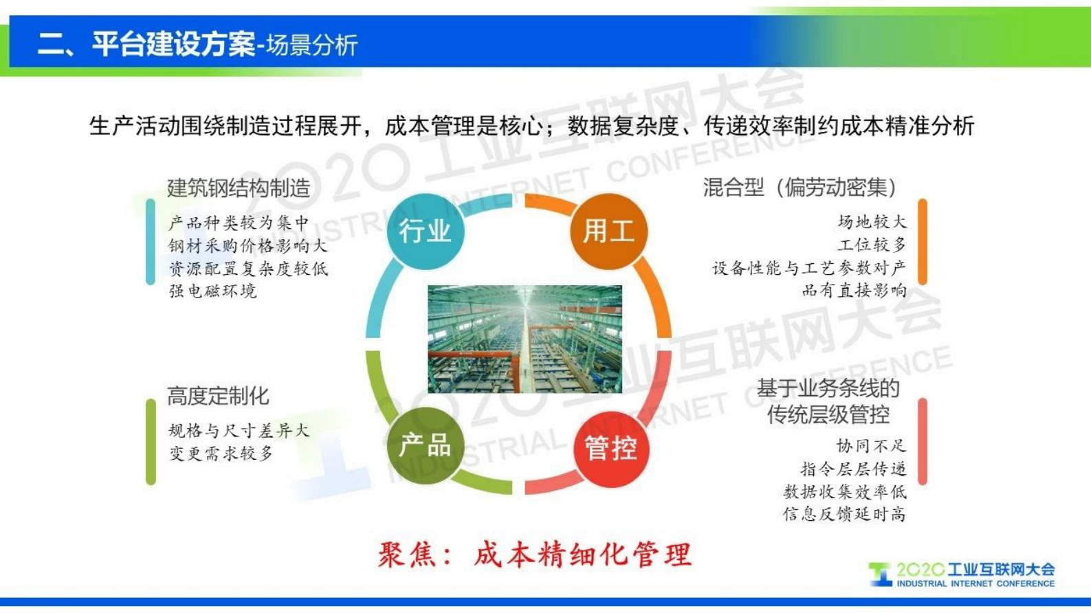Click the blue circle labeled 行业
pos(425,231)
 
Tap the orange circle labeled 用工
pos(608,231)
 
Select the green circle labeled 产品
pos(425,445)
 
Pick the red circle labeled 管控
pos(610,448)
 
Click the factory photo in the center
pos(525,339)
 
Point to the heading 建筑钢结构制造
pos(239,188)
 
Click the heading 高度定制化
pos(218,396)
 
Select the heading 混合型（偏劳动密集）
pos(800,187)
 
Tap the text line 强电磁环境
pos(212,291)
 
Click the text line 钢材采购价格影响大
pos(247,246)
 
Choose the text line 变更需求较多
pos(221,454)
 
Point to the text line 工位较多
pos(872,245)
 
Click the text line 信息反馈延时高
pos(844,514)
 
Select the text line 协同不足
pos(871,446)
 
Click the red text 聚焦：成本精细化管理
pos(534,555)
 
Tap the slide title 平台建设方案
pos(173,44)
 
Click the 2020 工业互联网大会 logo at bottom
pos(962,575)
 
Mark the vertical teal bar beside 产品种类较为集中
pos(151,242)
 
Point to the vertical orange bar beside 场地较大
pos(923,242)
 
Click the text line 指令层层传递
pos(853,469)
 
